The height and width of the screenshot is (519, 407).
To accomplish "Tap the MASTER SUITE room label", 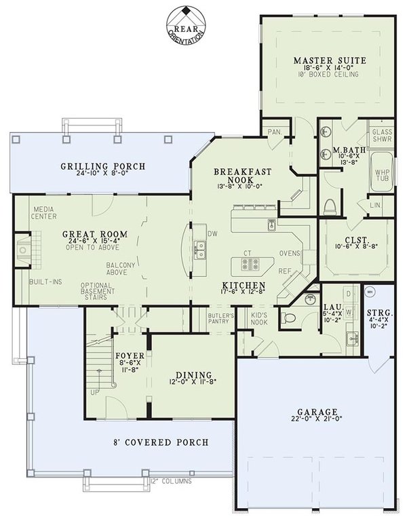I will tap(330, 61).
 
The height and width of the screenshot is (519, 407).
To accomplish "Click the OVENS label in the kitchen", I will tap(290, 254).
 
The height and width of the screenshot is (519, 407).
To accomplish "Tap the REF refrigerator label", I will tap(284, 269).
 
